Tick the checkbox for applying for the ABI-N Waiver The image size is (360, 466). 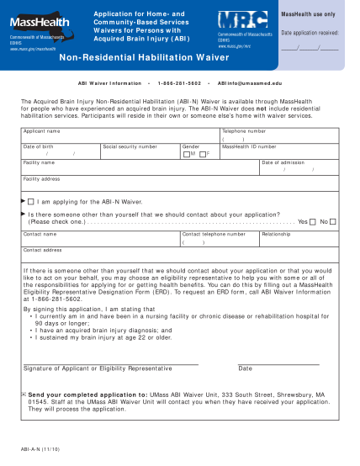tap(31, 203)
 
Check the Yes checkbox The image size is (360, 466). tap(313, 222)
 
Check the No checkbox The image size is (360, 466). tap(334, 222)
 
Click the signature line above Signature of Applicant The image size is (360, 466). tap(109, 363)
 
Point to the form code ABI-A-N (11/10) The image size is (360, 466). tap(40, 450)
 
